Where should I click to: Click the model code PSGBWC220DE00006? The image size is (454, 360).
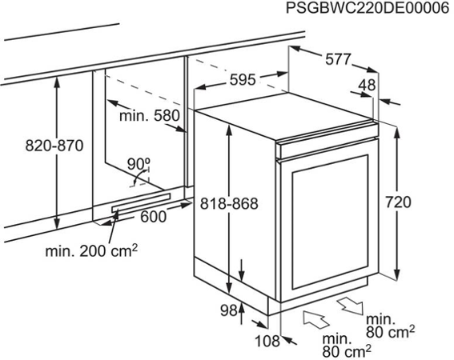[x=368, y=8]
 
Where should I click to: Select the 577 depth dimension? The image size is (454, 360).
[x=338, y=59]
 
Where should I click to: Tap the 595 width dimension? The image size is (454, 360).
[x=243, y=80]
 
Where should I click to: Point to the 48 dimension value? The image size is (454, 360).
[x=367, y=85]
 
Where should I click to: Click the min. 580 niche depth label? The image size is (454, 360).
[x=150, y=116]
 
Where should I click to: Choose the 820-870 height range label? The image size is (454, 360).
[x=54, y=146]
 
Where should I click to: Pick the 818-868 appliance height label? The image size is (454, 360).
[x=229, y=203]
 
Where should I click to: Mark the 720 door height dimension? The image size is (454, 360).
[x=398, y=202]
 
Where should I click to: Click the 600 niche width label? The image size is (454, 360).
[x=154, y=217]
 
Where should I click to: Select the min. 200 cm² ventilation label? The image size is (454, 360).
[x=91, y=250]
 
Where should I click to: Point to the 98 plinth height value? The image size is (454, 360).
[x=229, y=310]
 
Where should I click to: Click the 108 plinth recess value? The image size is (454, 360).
[x=267, y=341]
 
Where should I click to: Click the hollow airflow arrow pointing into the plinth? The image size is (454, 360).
[x=316, y=319]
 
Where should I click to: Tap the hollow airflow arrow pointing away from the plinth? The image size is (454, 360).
[x=350, y=306]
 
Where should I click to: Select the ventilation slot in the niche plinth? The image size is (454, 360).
[x=141, y=203]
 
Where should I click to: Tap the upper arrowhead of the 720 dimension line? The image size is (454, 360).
[x=398, y=133]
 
